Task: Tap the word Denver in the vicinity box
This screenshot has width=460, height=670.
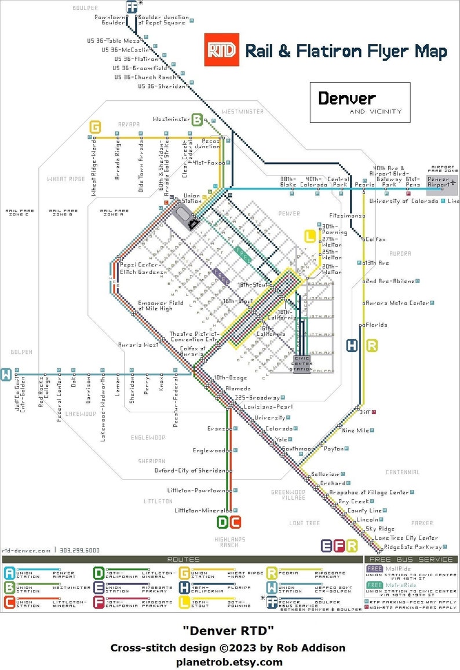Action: (x=346, y=98)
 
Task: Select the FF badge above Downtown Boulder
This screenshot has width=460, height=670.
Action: (x=132, y=6)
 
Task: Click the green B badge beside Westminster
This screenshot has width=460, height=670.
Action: (x=198, y=120)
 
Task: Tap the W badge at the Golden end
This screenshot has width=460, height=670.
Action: (x=6, y=374)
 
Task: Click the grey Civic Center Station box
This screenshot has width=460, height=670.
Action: (x=302, y=365)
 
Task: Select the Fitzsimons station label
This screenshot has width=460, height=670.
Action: (x=348, y=215)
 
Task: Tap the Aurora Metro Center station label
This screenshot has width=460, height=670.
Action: (x=397, y=303)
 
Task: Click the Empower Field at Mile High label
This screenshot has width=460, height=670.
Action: (x=155, y=306)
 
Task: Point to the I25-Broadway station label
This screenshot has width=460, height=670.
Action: (x=257, y=398)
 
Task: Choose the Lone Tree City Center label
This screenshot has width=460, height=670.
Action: (x=406, y=538)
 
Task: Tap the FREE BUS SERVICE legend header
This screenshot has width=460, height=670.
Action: (x=411, y=559)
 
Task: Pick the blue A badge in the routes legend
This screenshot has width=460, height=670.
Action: (x=10, y=573)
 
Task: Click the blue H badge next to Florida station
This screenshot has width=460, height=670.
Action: (x=352, y=346)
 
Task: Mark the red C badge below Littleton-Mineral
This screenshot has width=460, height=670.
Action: (x=235, y=522)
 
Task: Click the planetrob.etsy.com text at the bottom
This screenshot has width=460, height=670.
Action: (x=230, y=662)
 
